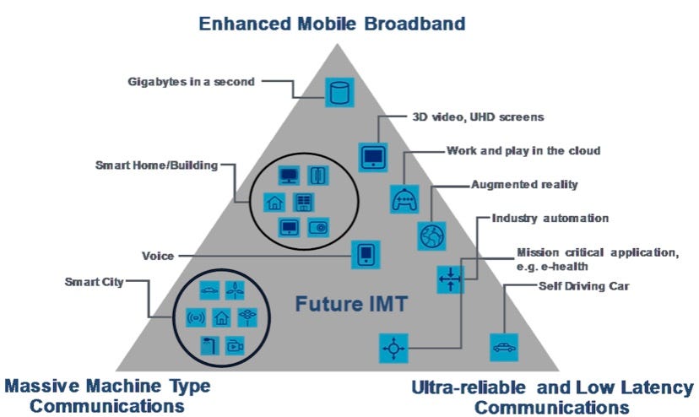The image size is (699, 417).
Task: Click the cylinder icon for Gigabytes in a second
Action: tap(339, 92)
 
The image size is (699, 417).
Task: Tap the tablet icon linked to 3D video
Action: tap(373, 157)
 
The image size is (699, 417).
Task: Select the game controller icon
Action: tap(404, 199)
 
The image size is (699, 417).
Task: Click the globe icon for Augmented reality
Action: tap(431, 236)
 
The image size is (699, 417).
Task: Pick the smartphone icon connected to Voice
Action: tap(366, 255)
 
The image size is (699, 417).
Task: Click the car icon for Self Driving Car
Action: tap(504, 347)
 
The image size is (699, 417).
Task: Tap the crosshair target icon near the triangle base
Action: tap(393, 348)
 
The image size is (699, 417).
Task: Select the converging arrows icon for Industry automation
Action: tap(450, 279)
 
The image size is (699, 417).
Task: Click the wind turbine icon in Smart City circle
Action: tap(235, 290)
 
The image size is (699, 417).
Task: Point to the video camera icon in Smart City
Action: tap(235, 345)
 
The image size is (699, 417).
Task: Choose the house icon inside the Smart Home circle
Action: tap(274, 203)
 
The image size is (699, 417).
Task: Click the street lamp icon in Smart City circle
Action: tap(209, 345)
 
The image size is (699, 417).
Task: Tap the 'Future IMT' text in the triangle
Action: tap(351, 304)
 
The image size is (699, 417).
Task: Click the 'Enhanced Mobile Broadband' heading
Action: tap(332, 24)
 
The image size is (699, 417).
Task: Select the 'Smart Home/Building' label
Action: tap(156, 165)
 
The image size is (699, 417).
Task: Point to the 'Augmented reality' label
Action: tap(524, 185)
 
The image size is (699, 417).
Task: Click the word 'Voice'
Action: tap(158, 256)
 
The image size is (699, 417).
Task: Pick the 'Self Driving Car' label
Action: tap(584, 286)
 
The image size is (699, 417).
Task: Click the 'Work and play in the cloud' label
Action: tap(523, 151)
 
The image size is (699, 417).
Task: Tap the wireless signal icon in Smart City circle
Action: tap(196, 317)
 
